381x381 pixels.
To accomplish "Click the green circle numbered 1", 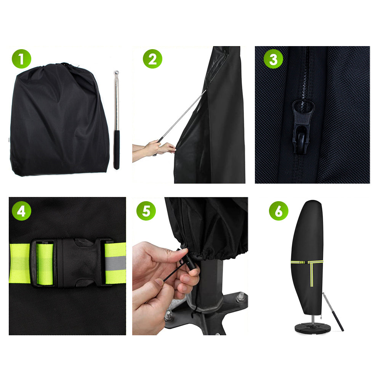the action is (x=21, y=59).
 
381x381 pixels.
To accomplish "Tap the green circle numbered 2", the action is (x=152, y=59).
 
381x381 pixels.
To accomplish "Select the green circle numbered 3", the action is (x=273, y=59).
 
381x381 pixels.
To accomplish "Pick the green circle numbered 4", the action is (x=21, y=211).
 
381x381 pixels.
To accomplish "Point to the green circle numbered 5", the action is (x=146, y=211).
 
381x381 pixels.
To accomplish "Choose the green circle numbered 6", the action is (x=279, y=211).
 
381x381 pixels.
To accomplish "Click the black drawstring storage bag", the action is (x=59, y=119).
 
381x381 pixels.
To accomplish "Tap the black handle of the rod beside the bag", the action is (x=116, y=150).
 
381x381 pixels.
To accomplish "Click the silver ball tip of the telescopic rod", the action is (x=116, y=72).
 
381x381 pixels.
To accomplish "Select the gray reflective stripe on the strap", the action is (x=115, y=263).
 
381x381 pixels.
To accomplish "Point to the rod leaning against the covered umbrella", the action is (x=333, y=312).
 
